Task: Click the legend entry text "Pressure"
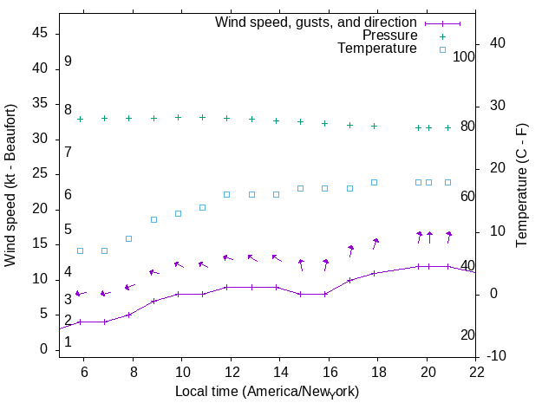389,36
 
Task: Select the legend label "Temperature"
377,49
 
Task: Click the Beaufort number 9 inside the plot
68,62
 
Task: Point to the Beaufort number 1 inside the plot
68,342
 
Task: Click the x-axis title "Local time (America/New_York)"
267,391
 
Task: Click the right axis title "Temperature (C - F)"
522,185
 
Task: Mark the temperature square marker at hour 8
128,238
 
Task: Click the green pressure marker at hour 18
374,126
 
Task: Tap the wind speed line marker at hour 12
226,287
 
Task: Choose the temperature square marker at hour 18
374,182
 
